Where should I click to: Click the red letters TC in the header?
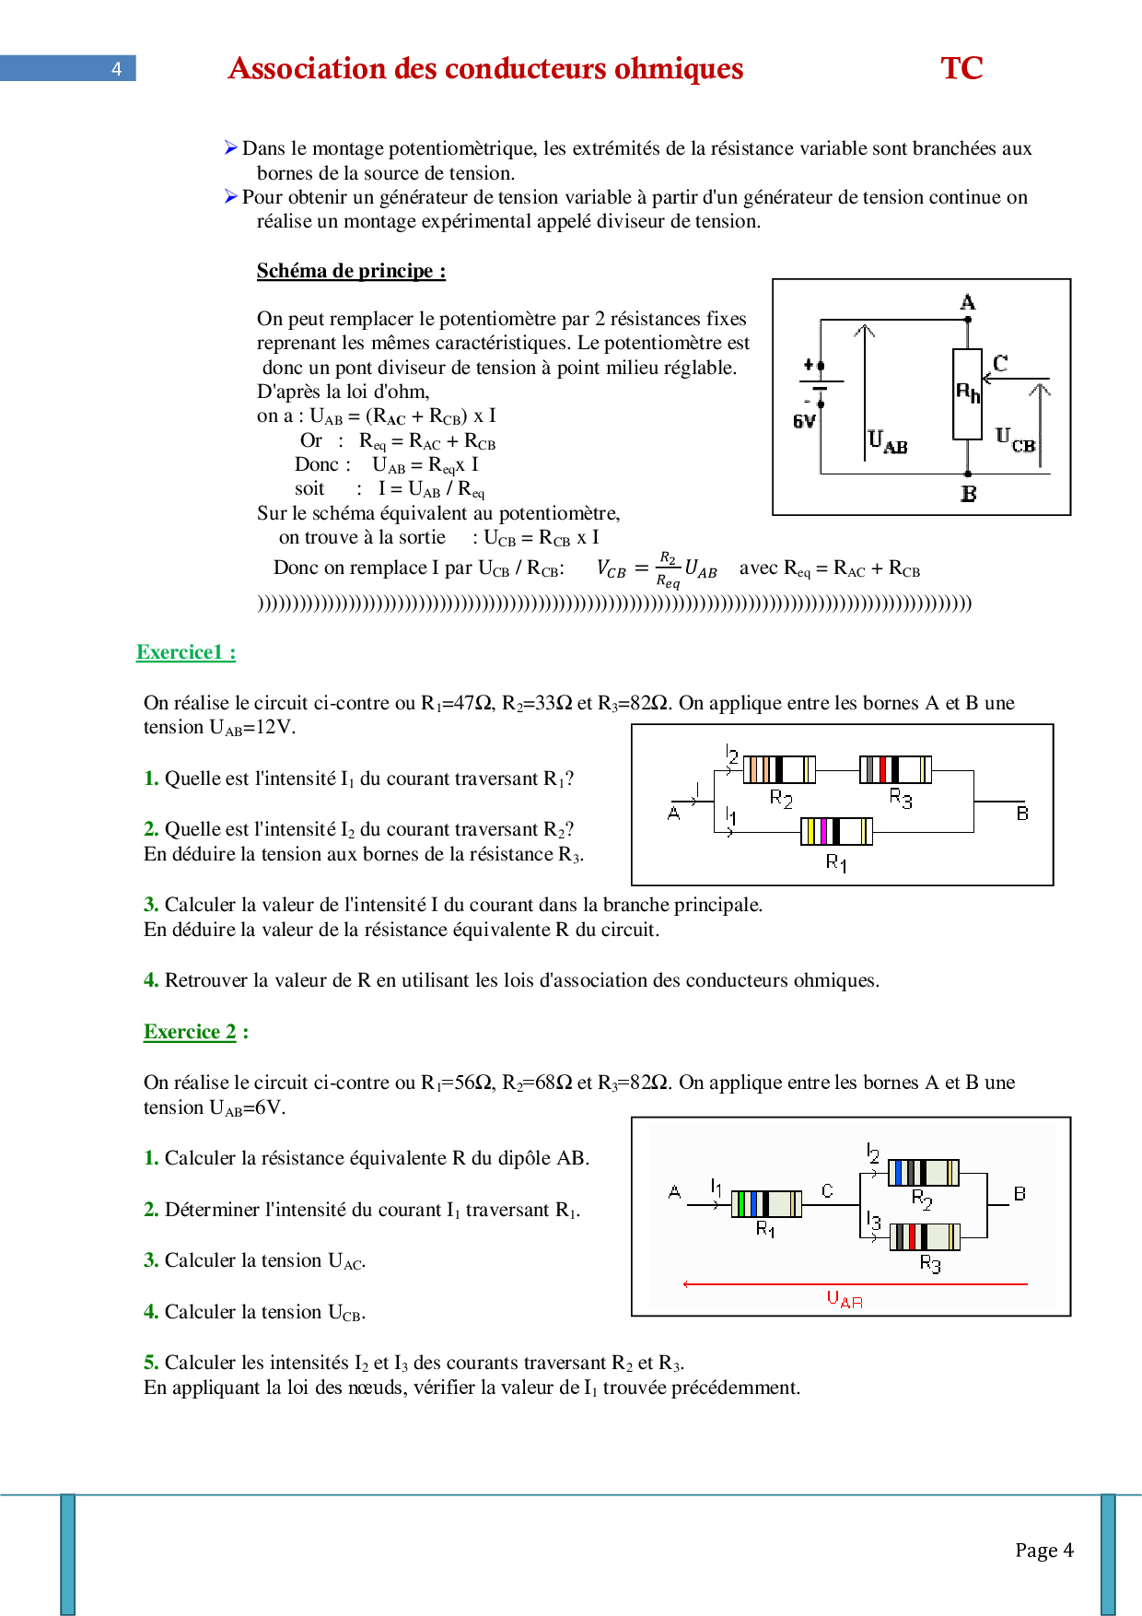(961, 68)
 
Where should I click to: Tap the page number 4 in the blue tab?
(116, 69)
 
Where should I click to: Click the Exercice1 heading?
(185, 652)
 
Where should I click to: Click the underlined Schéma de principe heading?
(351, 271)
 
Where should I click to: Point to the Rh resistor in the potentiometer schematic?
(967, 394)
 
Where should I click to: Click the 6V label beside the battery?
(804, 421)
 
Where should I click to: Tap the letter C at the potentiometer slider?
(1000, 362)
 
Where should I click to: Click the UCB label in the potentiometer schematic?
(1016, 439)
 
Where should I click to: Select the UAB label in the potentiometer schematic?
(888, 441)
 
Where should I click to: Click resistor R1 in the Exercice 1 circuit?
(836, 831)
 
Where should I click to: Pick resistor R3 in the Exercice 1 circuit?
(895, 769)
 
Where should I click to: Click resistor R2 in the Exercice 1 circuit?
(779, 769)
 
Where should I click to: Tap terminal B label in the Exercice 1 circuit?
(1022, 814)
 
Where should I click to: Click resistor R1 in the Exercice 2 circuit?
(766, 1203)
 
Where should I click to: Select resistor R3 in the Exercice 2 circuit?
(925, 1236)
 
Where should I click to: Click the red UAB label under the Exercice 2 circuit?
(845, 1300)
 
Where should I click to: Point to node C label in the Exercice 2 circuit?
(827, 1190)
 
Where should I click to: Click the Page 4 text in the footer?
(1044, 1550)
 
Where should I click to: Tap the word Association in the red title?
(307, 68)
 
